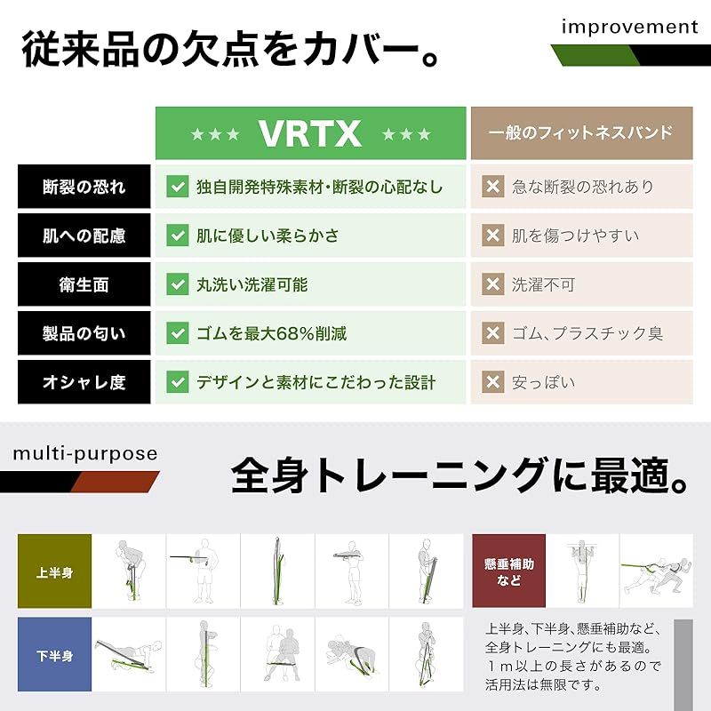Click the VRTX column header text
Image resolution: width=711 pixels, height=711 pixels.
click(x=310, y=133)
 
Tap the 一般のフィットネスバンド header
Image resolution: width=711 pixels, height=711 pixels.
click(x=581, y=133)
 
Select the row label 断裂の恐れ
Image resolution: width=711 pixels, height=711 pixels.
click(x=84, y=187)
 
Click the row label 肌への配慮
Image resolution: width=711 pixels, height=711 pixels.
click(x=84, y=236)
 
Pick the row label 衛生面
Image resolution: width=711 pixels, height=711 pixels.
click(x=84, y=284)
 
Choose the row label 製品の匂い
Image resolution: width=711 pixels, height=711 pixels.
click(x=84, y=333)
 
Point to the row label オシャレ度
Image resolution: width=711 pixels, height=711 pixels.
click(x=84, y=382)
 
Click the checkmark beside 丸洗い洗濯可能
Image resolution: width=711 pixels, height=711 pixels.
click(x=178, y=284)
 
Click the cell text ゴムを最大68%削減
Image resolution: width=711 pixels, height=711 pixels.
click(x=271, y=333)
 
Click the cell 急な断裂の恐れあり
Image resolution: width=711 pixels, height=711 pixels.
click(x=582, y=187)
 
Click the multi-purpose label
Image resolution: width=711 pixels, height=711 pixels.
click(x=85, y=454)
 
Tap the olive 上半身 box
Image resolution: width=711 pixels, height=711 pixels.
click(x=55, y=571)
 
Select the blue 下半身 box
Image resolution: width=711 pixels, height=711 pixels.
click(x=55, y=655)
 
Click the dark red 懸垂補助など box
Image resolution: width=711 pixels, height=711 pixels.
click(x=508, y=571)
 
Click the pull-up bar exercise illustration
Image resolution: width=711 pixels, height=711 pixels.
click(x=582, y=571)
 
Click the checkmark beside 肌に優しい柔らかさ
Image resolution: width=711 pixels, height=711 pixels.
click(x=178, y=236)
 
